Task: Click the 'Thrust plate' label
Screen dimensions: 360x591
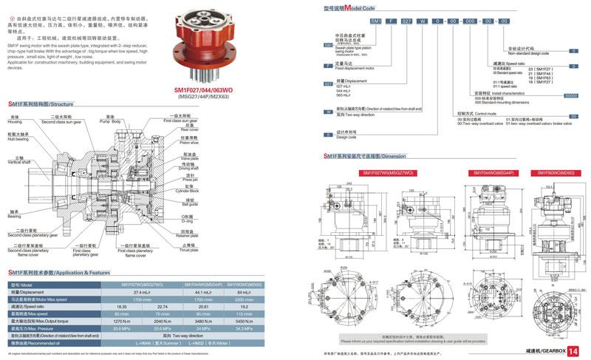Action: (x=191, y=248)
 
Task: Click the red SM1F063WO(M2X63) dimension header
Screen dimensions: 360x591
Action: (x=556, y=172)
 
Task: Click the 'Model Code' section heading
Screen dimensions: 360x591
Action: (x=346, y=7)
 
